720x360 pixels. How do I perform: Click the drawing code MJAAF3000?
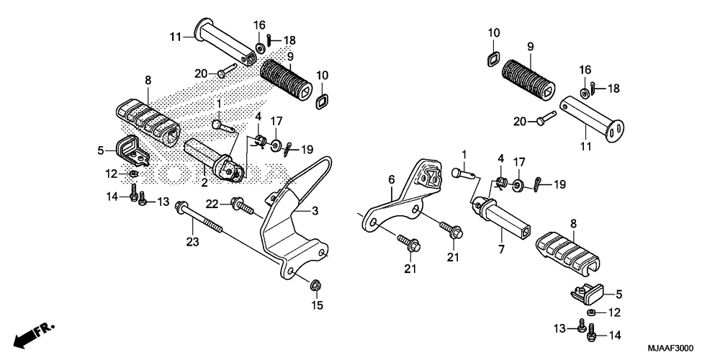670,348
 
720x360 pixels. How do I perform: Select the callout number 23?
192,241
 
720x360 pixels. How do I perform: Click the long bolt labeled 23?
199,218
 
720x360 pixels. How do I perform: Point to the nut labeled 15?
315,285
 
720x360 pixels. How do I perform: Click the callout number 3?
315,211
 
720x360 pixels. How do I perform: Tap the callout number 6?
392,179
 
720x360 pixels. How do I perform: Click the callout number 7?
501,250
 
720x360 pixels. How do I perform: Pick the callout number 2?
204,183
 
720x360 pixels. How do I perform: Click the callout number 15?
318,305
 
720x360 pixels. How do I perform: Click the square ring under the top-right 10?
494,59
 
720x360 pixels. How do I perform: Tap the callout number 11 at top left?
176,37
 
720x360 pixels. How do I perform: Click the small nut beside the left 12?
133,174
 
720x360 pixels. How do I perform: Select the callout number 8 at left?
148,81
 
